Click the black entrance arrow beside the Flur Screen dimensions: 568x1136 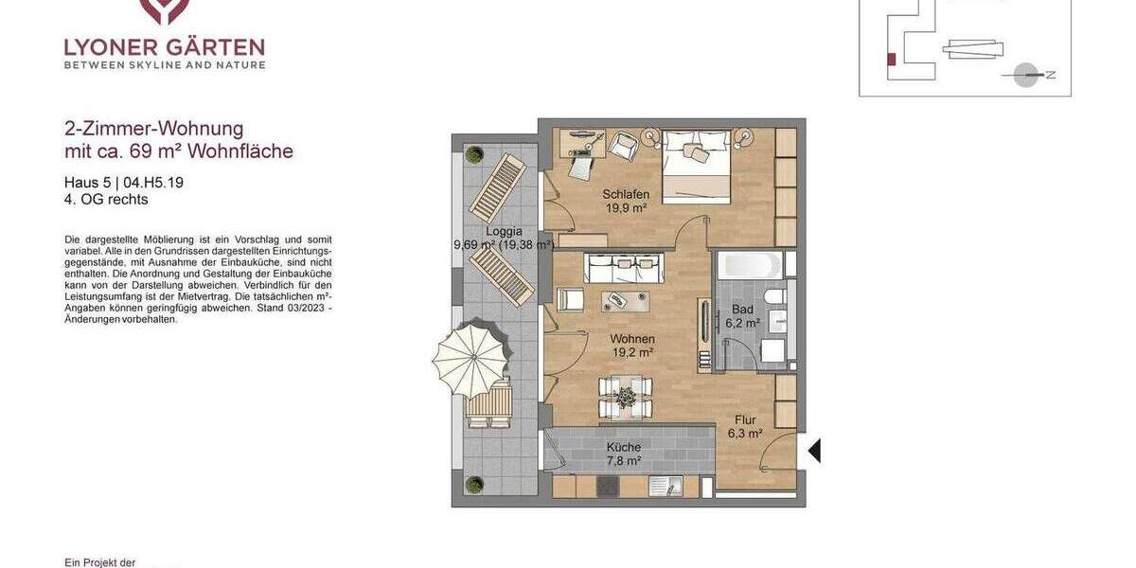[813, 451]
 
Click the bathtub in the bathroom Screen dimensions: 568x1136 [749, 265]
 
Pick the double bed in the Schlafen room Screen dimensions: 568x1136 [696, 167]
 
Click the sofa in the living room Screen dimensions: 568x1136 [623, 268]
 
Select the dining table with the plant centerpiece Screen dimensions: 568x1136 [626, 398]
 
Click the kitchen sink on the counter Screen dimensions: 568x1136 [670, 487]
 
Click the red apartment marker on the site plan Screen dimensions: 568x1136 [891, 60]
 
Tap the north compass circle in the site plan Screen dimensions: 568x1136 [1025, 75]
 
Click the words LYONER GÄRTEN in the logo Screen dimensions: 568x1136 [164, 47]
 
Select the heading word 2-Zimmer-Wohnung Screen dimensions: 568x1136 [153, 129]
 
